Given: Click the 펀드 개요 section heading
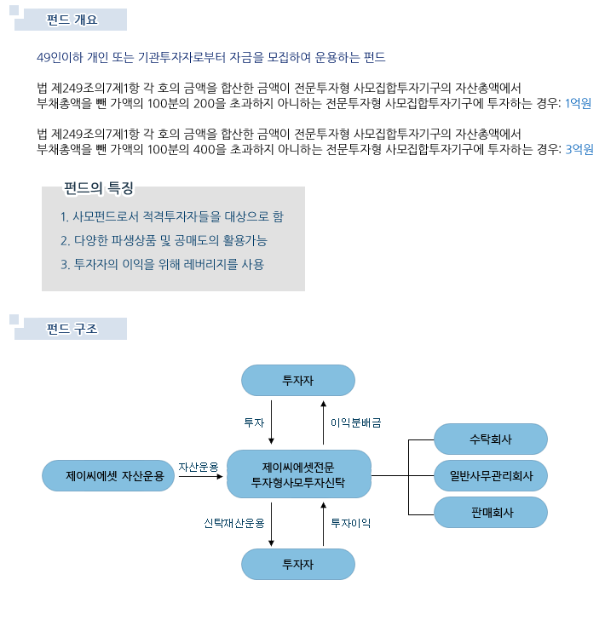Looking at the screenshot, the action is click(x=72, y=20).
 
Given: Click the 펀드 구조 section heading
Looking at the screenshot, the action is click(x=72, y=329).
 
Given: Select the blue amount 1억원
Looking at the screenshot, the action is click(x=578, y=103).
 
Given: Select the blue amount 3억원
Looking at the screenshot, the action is click(x=579, y=149).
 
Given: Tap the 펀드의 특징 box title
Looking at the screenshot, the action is click(x=99, y=188).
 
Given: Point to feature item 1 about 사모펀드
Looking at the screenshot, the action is click(x=172, y=216).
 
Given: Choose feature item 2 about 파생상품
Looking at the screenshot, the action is click(x=164, y=240).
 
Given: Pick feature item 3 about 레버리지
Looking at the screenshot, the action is click(x=162, y=264).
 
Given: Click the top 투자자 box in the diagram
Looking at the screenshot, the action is click(x=298, y=380).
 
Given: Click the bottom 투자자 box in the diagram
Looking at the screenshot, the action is click(x=298, y=564).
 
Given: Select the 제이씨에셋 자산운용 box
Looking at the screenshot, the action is click(x=108, y=475).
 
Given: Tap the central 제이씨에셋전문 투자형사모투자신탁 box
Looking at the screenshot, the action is click(x=299, y=474).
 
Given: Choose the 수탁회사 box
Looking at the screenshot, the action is click(x=490, y=439).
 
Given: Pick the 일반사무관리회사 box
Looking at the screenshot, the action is click(x=490, y=475).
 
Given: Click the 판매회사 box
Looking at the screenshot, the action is click(x=490, y=512).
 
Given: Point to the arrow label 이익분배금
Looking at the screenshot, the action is click(x=356, y=422).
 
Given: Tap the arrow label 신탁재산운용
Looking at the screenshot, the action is click(x=234, y=523).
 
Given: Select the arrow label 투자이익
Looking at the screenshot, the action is click(x=351, y=523).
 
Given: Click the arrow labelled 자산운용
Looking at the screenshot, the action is click(x=201, y=476).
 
